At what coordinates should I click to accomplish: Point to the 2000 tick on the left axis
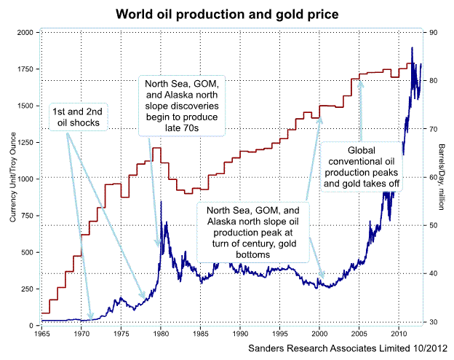26,33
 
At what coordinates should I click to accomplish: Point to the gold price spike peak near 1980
160,202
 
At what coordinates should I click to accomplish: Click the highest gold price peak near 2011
413,48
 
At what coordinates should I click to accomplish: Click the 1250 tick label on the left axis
27,142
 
